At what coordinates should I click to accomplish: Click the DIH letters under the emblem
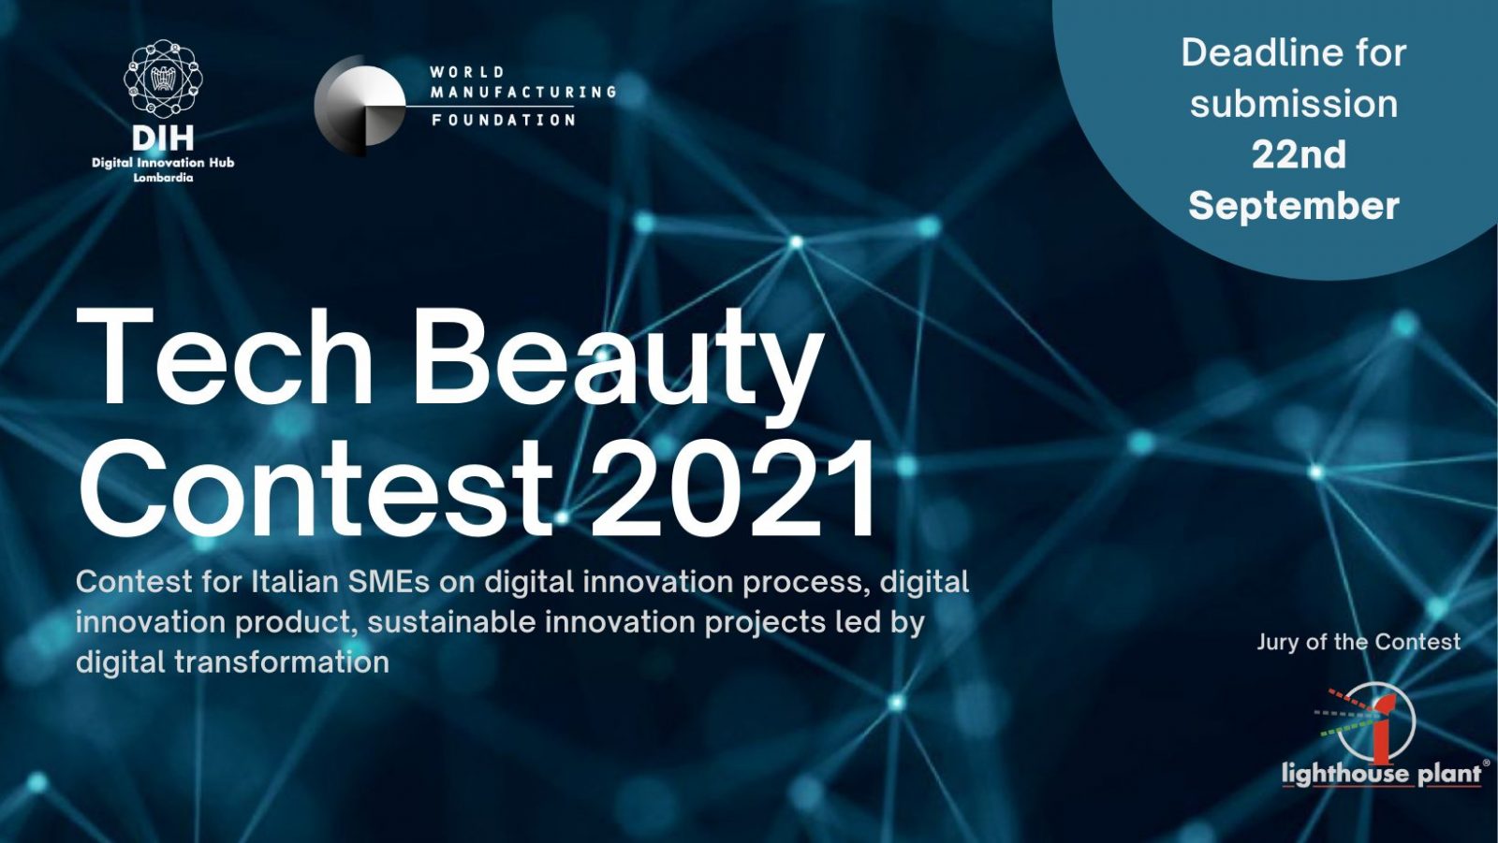(x=163, y=138)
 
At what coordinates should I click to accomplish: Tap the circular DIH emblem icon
(x=163, y=79)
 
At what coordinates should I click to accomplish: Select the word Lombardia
(x=163, y=178)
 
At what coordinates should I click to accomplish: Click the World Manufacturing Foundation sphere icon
(x=360, y=105)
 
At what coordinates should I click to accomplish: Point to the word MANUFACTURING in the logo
(x=523, y=93)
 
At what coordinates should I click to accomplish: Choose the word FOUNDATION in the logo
(x=504, y=121)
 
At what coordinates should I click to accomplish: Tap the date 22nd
(x=1299, y=155)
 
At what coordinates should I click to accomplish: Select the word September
(x=1294, y=206)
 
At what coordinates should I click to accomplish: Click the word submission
(x=1294, y=104)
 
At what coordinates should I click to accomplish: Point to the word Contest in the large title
(x=316, y=488)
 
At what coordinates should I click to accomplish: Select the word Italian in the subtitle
(x=295, y=582)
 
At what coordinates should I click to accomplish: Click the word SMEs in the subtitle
(x=389, y=582)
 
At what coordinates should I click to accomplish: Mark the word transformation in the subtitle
(x=282, y=662)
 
